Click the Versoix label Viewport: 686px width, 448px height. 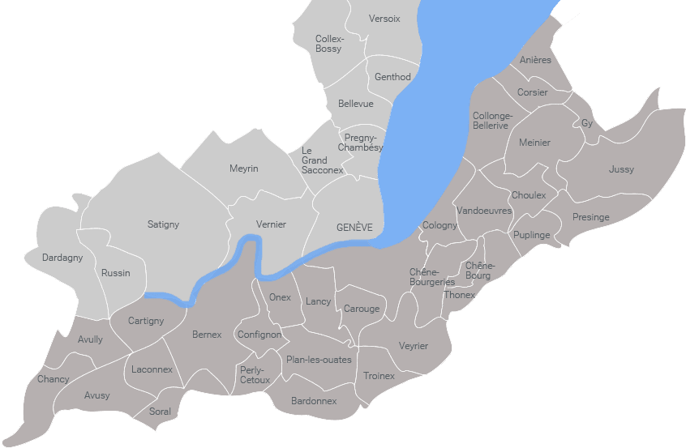coord(384,19)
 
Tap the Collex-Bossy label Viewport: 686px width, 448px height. coord(329,44)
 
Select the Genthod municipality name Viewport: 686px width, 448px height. coord(392,77)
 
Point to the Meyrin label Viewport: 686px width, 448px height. coord(243,169)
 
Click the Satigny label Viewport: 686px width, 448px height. coord(163,224)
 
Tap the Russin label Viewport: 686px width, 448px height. coord(116,273)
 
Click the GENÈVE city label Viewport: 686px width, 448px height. coord(354,228)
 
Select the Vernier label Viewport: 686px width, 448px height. coord(271,224)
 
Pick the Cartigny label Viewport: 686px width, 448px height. coord(146,321)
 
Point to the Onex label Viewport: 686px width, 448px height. coord(280,297)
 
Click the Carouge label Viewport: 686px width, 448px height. coord(362,309)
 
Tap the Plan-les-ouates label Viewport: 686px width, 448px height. coord(319,360)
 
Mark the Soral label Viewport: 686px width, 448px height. coord(161,412)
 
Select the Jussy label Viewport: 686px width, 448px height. coord(621,169)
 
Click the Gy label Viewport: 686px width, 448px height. coord(587,123)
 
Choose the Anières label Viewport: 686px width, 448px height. coord(535,60)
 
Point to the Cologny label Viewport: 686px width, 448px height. coord(439,225)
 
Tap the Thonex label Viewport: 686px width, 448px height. coord(460,295)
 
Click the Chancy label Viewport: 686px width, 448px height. coord(54,379)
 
